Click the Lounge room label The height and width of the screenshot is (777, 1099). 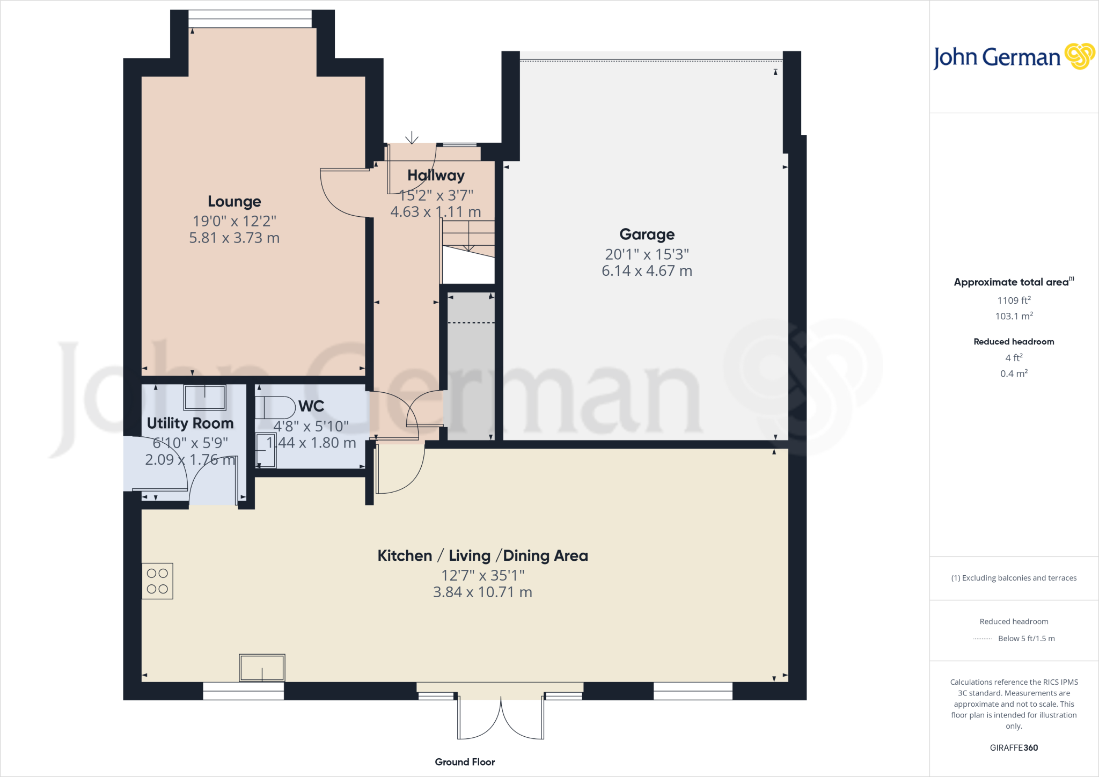(x=234, y=201)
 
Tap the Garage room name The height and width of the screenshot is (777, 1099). (x=647, y=234)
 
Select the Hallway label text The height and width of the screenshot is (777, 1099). (x=436, y=175)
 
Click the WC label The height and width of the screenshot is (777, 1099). (x=311, y=406)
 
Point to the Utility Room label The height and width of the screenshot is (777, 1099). (x=190, y=423)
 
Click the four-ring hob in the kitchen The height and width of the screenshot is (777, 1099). (x=157, y=581)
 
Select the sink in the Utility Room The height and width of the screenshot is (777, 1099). (x=204, y=398)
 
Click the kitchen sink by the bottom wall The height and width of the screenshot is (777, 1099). (x=262, y=668)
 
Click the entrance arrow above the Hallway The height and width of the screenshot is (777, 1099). (x=412, y=138)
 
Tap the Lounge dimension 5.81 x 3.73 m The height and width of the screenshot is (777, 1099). (x=234, y=238)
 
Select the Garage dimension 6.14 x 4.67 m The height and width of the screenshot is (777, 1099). (x=647, y=271)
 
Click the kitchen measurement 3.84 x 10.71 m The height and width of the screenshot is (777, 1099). (x=482, y=592)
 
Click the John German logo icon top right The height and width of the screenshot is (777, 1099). (x=1079, y=56)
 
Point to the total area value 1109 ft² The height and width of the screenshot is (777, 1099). (x=1014, y=300)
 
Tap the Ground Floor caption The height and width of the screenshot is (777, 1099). (x=465, y=762)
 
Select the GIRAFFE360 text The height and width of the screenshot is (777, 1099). (x=1014, y=747)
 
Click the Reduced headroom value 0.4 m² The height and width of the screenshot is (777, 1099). (x=1014, y=373)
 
